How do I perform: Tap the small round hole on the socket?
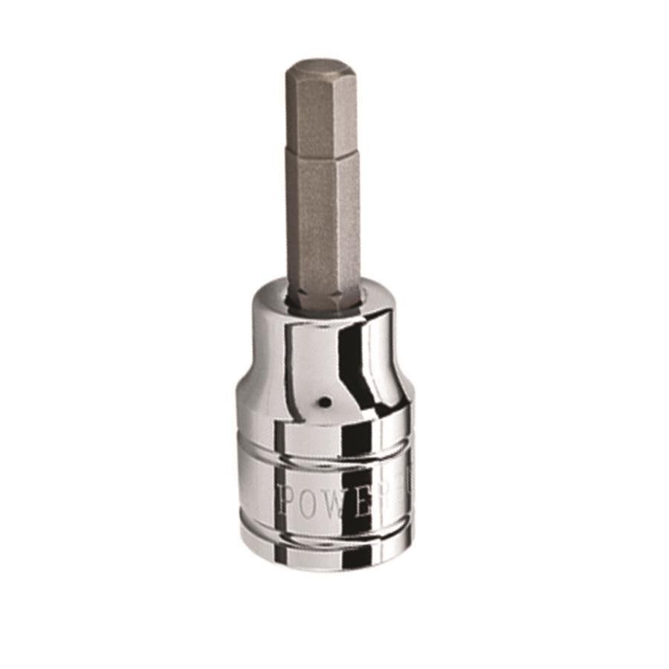[325, 402]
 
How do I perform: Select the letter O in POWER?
[307, 500]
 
